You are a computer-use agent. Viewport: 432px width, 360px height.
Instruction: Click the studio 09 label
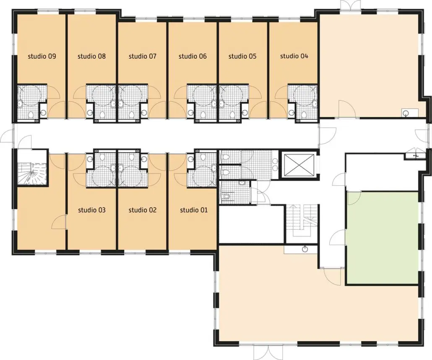(42, 57)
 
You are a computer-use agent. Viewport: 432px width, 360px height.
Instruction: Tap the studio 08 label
(92, 57)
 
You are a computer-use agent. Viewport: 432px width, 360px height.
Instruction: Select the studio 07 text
(143, 57)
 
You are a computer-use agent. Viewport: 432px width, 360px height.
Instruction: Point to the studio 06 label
(193, 57)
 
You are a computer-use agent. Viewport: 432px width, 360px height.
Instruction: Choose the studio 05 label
(242, 57)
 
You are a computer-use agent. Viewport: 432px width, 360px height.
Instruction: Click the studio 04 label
(294, 56)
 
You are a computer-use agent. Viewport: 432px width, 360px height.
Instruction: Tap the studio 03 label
(92, 210)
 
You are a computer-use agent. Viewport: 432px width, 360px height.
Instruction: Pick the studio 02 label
(143, 210)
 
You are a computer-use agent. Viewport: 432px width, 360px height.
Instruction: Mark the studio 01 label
(194, 210)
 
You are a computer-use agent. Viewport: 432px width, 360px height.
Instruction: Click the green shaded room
(383, 238)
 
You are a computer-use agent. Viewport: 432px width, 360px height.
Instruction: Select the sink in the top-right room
(405, 113)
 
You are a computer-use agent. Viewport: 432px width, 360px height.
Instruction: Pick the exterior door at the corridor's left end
(7, 137)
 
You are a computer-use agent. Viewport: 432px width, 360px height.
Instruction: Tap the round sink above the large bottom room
(305, 249)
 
